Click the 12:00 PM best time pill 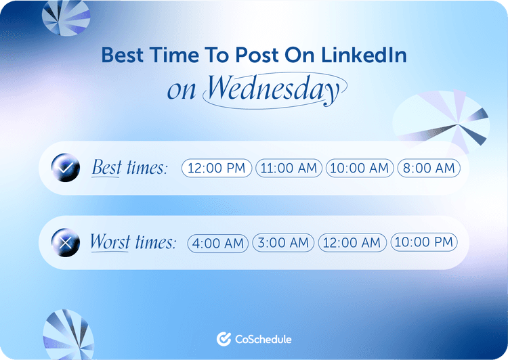pos(217,168)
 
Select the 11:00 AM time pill pos(289,168)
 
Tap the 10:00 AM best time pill pos(360,168)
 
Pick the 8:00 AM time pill pos(428,168)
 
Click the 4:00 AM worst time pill pos(218,242)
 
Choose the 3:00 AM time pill pos(283,242)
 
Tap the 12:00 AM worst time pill pos(352,242)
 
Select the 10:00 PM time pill pos(424,242)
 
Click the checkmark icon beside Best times pos(65,168)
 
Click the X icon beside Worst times pos(65,242)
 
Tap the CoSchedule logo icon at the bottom pos(224,339)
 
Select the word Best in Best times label pos(106,168)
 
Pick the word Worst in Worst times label pos(110,242)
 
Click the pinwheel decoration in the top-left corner pos(66,17)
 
